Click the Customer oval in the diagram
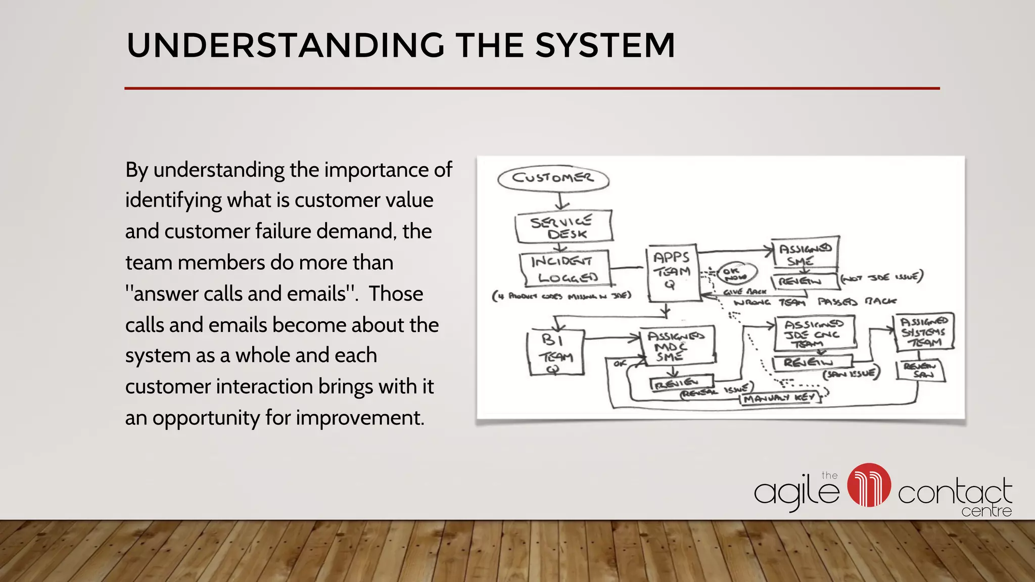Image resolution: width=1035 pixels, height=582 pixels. coord(553,178)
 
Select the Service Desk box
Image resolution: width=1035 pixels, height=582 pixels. coord(563,227)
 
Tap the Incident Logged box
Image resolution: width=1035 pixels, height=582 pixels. coord(565,269)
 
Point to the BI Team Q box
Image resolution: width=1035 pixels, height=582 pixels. coord(555,353)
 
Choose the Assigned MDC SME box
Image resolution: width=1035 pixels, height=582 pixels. coord(677,346)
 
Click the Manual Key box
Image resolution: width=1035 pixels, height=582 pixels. coord(779,399)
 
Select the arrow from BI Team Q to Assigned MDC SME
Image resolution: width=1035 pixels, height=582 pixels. coord(611,338)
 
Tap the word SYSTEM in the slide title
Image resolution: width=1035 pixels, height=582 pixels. coord(605,45)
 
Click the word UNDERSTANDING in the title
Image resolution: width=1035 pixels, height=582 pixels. coord(286,45)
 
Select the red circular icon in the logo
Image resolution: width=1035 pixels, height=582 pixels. coord(869,485)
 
